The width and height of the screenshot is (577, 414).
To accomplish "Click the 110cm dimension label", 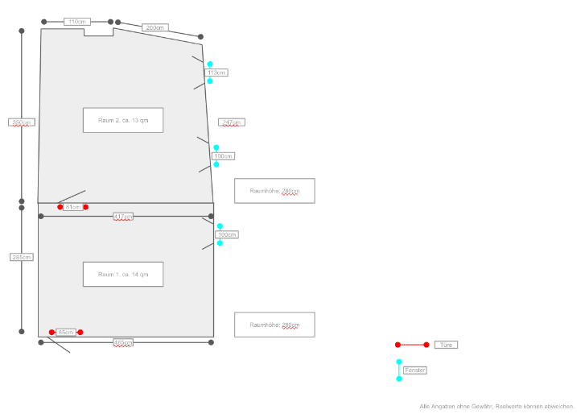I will (x=77, y=22).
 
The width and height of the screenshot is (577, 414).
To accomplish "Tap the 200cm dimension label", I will (x=155, y=27).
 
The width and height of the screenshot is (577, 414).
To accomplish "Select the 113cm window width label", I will (x=216, y=72).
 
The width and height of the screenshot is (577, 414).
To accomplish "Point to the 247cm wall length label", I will (x=231, y=122).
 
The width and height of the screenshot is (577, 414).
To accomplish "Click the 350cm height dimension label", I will (x=22, y=122).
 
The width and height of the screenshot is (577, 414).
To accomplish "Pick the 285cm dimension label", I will (x=22, y=257).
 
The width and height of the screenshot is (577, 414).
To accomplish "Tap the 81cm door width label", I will (x=72, y=207).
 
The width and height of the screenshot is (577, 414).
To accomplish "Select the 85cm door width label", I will (x=66, y=332).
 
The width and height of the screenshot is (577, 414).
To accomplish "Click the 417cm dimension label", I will (x=123, y=216).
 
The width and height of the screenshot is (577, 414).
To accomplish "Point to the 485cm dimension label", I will (x=123, y=342).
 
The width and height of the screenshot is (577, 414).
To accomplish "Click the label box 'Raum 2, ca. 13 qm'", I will (x=123, y=120).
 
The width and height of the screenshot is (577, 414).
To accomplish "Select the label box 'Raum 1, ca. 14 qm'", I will (x=123, y=274).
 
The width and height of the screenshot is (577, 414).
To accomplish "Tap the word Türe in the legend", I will (x=446, y=345).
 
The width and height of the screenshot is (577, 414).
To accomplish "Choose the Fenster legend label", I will (x=415, y=370).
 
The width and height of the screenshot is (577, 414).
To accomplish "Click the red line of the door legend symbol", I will (x=412, y=345).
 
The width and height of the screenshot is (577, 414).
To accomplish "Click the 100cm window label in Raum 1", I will (x=227, y=234).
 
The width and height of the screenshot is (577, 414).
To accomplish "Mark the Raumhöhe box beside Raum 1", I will (x=274, y=325).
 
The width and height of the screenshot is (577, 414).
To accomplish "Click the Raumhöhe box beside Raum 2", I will (x=274, y=191).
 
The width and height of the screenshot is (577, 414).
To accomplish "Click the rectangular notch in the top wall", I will (x=98, y=32).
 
